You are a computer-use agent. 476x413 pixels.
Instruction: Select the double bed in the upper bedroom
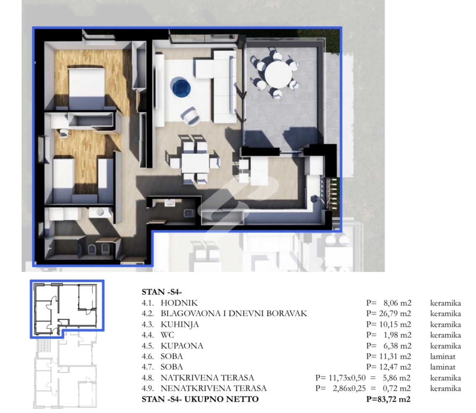click(x=87, y=87)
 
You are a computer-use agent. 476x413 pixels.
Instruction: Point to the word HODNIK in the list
click(x=179, y=303)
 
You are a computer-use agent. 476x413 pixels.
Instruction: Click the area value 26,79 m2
click(x=395, y=314)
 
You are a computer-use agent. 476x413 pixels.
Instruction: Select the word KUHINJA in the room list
click(x=180, y=325)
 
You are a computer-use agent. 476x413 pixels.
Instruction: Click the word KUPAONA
click(x=182, y=346)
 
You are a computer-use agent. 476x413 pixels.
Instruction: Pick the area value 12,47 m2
click(x=395, y=367)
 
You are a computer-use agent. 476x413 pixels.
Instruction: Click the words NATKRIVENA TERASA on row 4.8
click(x=208, y=378)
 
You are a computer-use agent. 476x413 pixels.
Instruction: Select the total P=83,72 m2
click(x=388, y=399)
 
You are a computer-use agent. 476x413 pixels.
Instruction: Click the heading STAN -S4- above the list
click(x=161, y=292)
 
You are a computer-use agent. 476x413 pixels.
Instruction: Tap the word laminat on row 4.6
click(x=443, y=357)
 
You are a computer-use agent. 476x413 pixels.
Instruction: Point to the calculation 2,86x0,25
click(x=349, y=388)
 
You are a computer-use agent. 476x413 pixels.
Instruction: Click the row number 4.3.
click(x=148, y=325)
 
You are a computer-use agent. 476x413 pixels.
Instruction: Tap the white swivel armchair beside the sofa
click(x=190, y=116)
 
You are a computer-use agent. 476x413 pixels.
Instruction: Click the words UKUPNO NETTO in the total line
click(x=221, y=399)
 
